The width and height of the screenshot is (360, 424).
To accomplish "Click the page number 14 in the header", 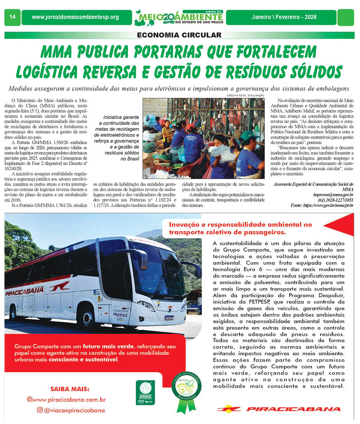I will click(12, 17).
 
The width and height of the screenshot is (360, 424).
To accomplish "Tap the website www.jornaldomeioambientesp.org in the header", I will click(75, 17).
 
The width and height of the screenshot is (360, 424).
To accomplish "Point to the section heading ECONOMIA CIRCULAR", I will click(179, 35).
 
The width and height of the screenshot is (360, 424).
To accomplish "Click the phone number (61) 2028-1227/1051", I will click(328, 200).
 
